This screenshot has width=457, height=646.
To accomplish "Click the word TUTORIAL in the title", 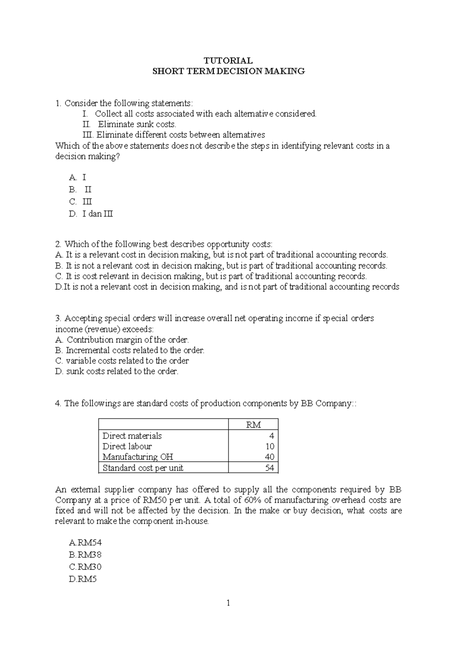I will [x=228, y=61].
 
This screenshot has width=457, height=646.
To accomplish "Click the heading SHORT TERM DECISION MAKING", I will [x=228, y=71].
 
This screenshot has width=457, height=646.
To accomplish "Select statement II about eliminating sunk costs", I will [x=129, y=124].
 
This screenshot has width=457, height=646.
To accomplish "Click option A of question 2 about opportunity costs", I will [x=221, y=255].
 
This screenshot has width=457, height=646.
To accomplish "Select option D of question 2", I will [x=227, y=287].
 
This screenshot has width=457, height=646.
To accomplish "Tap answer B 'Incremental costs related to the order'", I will [x=130, y=350].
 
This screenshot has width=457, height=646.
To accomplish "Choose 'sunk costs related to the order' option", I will [x=117, y=371].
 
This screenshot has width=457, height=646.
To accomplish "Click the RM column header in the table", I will [x=253, y=425].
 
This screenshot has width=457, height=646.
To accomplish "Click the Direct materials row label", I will [x=132, y=436].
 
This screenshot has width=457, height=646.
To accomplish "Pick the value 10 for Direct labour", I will [x=270, y=446].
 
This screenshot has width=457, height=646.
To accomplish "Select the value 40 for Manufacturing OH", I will [x=269, y=457].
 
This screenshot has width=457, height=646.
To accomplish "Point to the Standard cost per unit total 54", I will [x=269, y=468].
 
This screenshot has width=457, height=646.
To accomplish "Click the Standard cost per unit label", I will [x=143, y=468].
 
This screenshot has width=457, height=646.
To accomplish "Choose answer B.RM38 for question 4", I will [x=85, y=555].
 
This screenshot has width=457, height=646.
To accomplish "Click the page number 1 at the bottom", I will [x=228, y=603].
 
